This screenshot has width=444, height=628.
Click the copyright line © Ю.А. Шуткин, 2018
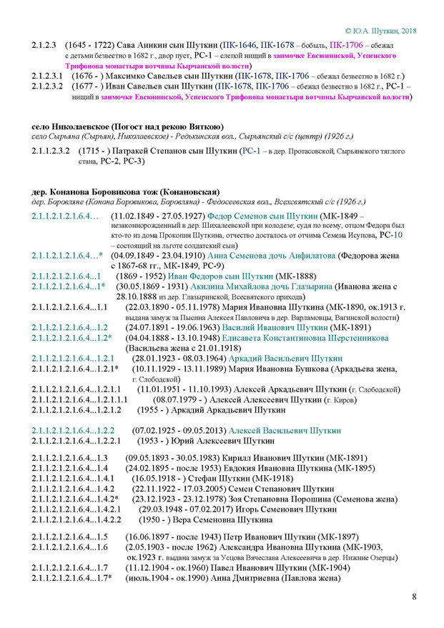[x=380, y=31]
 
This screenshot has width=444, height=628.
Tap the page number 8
[x=414, y=597]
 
